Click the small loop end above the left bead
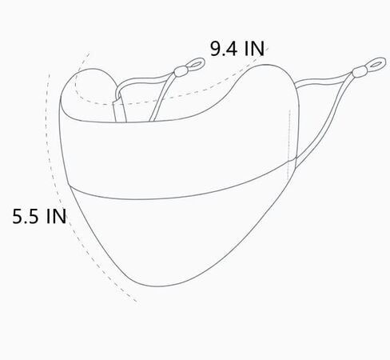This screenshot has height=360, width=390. tap(192, 61)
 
